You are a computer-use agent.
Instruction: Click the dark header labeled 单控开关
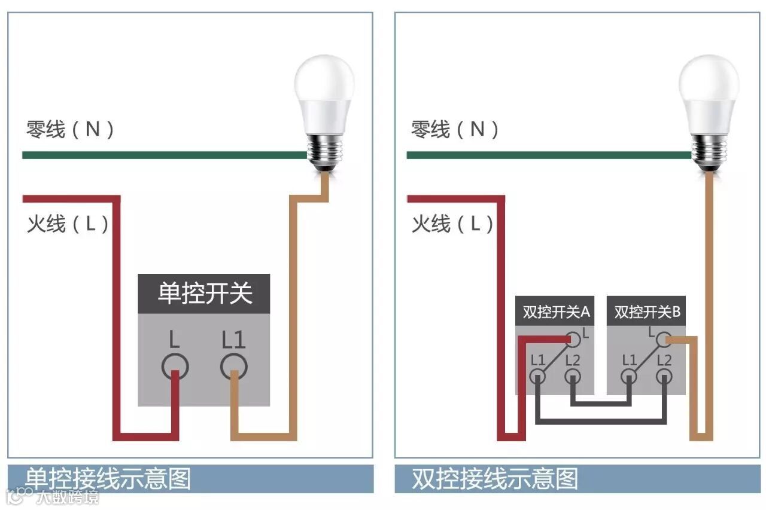click(204, 294)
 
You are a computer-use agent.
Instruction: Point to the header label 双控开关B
click(647, 312)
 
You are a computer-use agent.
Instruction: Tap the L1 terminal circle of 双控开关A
click(538, 377)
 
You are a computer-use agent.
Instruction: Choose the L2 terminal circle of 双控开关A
click(573, 377)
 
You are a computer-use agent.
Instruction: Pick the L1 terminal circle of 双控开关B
click(629, 377)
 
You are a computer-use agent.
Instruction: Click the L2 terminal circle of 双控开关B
click(664, 377)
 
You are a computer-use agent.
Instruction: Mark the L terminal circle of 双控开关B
click(662, 340)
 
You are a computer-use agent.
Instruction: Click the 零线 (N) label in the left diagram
click(70, 129)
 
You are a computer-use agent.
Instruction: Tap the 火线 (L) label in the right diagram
click(452, 224)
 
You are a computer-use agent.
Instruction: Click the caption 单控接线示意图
click(108, 479)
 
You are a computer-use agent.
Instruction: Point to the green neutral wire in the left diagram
click(162, 155)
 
